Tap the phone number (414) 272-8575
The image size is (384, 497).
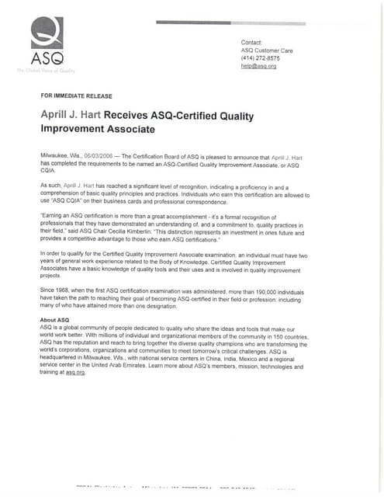(261, 58)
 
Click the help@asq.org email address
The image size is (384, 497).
(258, 66)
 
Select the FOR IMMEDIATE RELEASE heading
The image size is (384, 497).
(76, 96)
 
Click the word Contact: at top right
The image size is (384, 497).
(252, 42)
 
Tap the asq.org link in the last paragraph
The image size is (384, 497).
(74, 373)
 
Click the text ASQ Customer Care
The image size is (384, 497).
(267, 50)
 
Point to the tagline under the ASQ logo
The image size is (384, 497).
(47, 71)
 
